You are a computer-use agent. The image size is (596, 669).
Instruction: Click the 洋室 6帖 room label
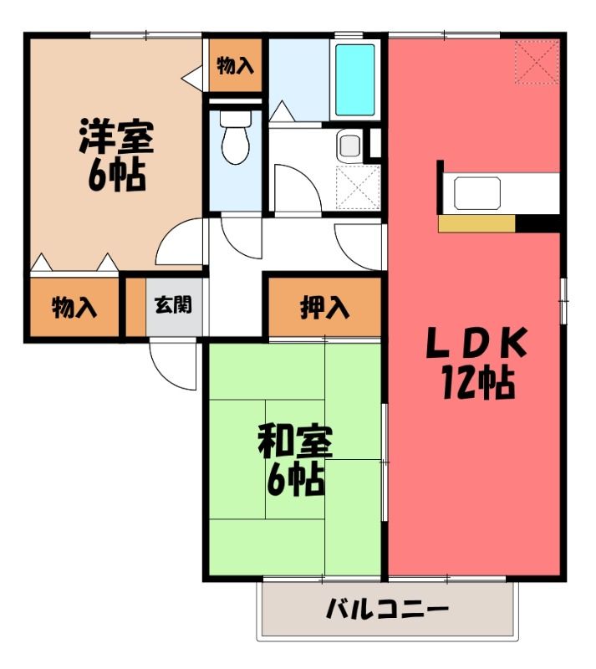(116, 156)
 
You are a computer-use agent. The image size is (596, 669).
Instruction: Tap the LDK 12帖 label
(476, 362)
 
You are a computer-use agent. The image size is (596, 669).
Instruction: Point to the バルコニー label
(387, 609)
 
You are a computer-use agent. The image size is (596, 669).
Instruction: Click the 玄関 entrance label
(173, 305)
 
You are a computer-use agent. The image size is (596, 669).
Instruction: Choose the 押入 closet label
(324, 307)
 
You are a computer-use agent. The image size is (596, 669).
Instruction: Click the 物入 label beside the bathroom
(235, 66)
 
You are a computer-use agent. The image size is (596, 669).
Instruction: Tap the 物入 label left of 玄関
(74, 307)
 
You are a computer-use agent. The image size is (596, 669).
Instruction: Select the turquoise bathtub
(355, 80)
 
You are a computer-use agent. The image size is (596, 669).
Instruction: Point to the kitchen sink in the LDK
(477, 193)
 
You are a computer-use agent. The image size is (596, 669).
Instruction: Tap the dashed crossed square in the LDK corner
(537, 62)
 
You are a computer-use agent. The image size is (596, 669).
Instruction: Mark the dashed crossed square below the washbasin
(358, 187)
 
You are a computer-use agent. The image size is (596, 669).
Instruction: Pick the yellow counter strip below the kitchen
(477, 223)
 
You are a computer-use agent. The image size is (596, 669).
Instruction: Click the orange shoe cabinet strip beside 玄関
(136, 306)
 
